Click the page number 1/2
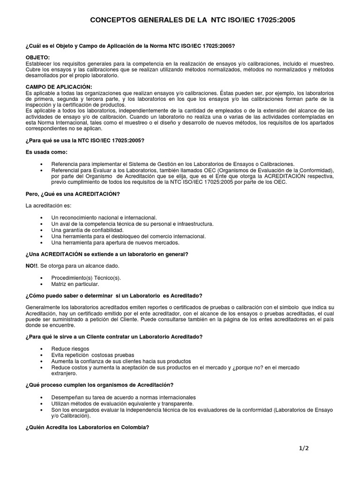tap(304, 448)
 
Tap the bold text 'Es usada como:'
tap(47, 152)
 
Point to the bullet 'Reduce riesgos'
tap(70, 349)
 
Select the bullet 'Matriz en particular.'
tap(75, 284)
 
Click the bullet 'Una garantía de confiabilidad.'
tap(88, 230)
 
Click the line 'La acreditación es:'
tap(49, 205)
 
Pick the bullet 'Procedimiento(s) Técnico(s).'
tap(86, 278)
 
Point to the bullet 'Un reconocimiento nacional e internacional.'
tap(104, 218)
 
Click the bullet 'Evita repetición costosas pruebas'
tap(93, 355)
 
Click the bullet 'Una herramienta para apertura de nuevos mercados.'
tap(115, 242)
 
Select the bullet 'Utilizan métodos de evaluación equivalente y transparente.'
tap(122, 403)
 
